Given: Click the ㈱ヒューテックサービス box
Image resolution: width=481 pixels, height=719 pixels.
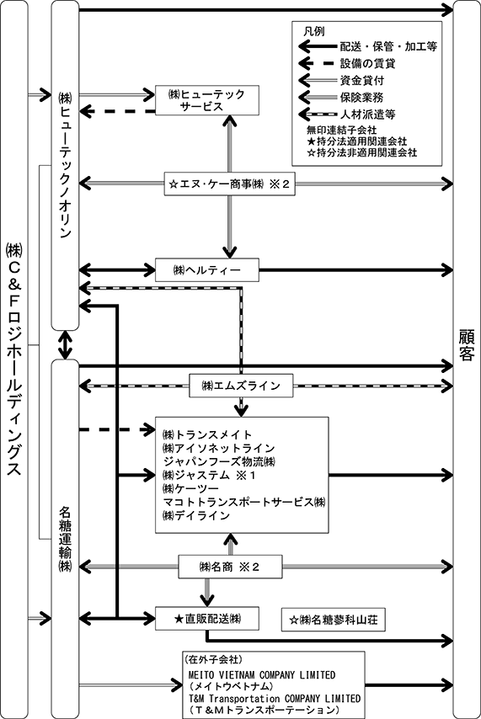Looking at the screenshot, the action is click(x=207, y=100).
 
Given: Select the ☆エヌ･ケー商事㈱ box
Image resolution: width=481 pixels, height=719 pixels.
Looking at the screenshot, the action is click(x=229, y=184).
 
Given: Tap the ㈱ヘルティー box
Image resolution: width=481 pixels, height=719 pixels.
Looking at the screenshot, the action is click(x=207, y=270).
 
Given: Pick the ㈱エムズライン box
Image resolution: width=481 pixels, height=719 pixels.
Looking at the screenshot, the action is click(x=242, y=386).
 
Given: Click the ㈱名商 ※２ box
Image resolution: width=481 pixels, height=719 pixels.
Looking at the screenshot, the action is click(x=230, y=567).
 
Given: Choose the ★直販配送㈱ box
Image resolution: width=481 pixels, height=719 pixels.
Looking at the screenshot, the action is click(x=207, y=619).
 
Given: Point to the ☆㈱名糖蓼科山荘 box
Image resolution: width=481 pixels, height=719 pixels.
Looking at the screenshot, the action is click(x=334, y=620).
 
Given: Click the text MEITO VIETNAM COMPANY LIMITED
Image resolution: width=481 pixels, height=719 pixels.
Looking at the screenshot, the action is click(x=262, y=675).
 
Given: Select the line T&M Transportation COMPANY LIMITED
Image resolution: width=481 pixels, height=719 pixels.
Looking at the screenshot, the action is click(x=275, y=699).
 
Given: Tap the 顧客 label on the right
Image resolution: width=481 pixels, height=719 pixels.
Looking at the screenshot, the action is click(x=467, y=345).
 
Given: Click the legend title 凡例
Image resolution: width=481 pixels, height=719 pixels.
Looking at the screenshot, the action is click(x=314, y=31).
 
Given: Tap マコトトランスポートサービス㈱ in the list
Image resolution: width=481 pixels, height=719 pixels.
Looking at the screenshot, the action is click(x=244, y=502).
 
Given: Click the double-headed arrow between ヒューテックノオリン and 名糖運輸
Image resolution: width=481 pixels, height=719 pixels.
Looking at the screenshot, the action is click(x=65, y=345).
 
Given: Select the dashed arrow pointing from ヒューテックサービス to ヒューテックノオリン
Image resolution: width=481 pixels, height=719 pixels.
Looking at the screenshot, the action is click(x=118, y=111).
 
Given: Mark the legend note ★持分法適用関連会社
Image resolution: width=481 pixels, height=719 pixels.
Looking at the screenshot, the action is click(x=357, y=141).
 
